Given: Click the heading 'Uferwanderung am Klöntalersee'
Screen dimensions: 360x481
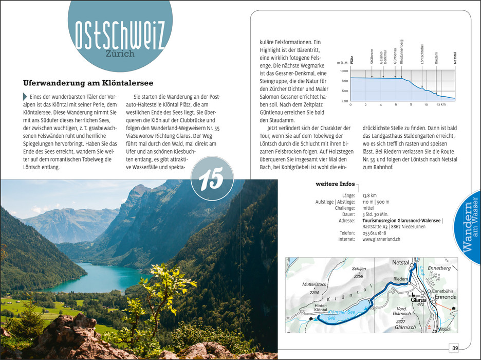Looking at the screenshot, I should pyautogui.click(x=88, y=83).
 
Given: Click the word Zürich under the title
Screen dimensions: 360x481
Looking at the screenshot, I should pyautogui.click(x=119, y=53).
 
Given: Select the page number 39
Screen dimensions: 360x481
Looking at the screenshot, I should pyautogui.click(x=455, y=348).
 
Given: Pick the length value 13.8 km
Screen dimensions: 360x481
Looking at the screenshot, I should pyautogui.click(x=369, y=196).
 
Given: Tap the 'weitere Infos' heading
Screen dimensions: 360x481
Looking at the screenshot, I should pyautogui.click(x=335, y=184).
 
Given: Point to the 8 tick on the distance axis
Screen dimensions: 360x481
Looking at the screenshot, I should pyautogui.click(x=411, y=104).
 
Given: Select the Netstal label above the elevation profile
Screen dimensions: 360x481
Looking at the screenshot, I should pyautogui.click(x=454, y=56).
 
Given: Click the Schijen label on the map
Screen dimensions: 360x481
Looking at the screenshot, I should pyautogui.click(x=359, y=268).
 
